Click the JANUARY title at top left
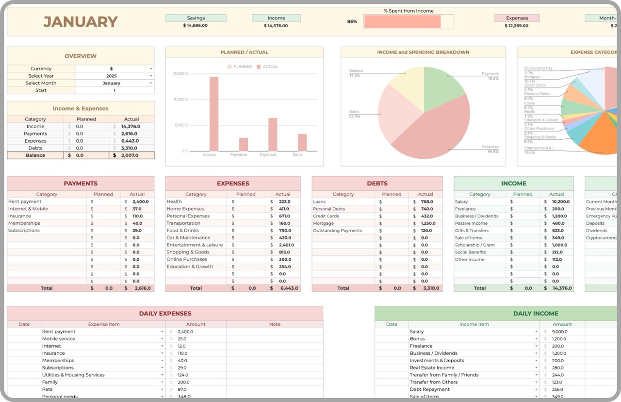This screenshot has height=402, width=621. click(x=81, y=22)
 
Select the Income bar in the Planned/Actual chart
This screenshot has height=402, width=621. click(x=213, y=114)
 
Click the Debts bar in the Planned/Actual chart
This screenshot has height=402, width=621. click(x=302, y=142)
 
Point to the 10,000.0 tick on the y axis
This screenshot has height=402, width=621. click(x=180, y=100)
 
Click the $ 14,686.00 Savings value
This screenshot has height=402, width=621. click(x=196, y=26)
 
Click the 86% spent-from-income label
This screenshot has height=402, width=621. click(x=352, y=22)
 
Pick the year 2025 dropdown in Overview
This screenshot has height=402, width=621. click(x=114, y=76)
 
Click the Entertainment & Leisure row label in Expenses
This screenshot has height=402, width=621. click(x=195, y=245)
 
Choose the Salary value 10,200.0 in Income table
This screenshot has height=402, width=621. click(x=561, y=201)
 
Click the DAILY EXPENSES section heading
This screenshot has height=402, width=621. click(x=165, y=314)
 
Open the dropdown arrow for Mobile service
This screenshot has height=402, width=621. click(x=162, y=339)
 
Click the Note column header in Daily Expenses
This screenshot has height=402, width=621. click(x=275, y=324)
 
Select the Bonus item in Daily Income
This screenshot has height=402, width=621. click(x=417, y=339)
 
